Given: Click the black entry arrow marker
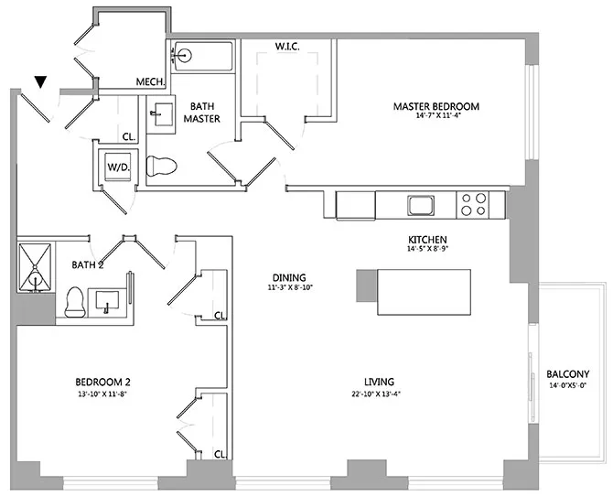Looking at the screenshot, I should [40, 83].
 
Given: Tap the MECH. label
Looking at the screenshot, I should [150, 82].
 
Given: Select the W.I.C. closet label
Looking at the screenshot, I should [288, 46].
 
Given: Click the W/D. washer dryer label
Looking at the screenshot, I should [117, 167].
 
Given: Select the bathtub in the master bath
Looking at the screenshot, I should [199, 55].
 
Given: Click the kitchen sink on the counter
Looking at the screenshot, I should [421, 204].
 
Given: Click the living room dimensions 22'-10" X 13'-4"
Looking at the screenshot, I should [378, 394].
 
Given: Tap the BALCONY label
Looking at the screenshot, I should [567, 374].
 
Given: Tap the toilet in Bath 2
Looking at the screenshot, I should [74, 300].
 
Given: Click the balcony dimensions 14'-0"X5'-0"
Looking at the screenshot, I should [567, 386].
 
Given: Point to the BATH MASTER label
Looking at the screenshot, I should [202, 112].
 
